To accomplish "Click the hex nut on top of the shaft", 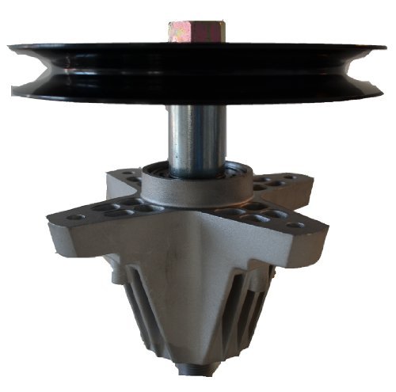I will pyautogui.click(x=196, y=32).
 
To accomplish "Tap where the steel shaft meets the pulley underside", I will pyautogui.click(x=196, y=105).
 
